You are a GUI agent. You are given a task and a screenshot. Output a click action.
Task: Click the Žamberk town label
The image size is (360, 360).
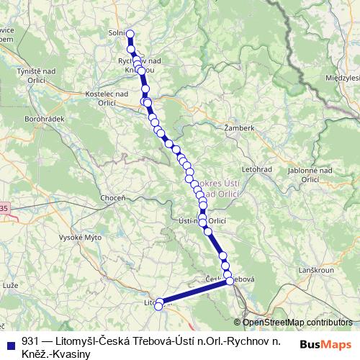coord(240,127)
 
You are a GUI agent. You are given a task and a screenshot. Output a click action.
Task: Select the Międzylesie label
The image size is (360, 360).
coord(341,77)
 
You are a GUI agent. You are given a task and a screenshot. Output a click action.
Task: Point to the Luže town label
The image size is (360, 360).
coord(10,286)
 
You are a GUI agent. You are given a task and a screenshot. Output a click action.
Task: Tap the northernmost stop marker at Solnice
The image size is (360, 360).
coord(130,33)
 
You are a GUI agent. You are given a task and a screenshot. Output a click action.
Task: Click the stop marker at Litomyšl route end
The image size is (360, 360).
coord(159,305)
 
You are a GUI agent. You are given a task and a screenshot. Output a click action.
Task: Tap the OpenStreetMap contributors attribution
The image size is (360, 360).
coord(297,323)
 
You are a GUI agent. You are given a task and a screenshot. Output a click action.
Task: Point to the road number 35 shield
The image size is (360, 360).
coord(4,208)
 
